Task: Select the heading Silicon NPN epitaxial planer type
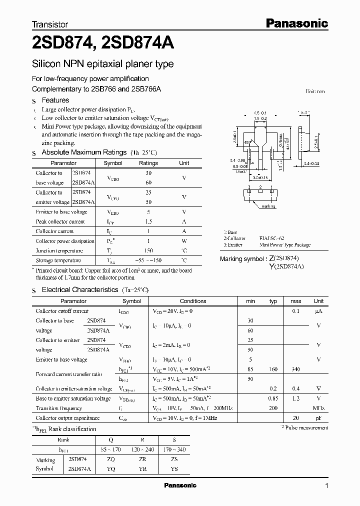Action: click(103, 64)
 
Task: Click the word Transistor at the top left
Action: click(50, 24)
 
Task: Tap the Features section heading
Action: click(55, 100)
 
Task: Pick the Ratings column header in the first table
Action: click(148, 163)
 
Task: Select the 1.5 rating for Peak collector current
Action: click(148, 221)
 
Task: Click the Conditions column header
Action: click(193, 301)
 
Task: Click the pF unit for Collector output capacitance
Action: click(318, 417)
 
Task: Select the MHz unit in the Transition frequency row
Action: click(318, 408)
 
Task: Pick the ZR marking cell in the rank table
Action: click(142, 459)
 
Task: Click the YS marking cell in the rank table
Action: click(173, 469)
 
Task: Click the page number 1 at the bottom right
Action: click(326, 485)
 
